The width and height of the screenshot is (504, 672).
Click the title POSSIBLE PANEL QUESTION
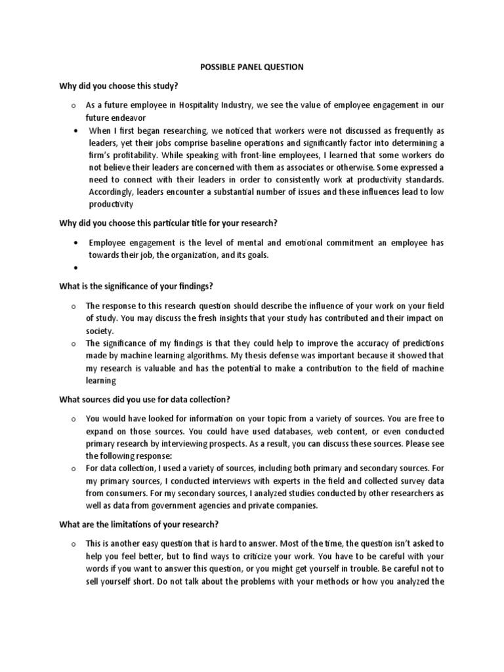pyautogui.click(x=252, y=68)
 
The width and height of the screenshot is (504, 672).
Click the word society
pyautogui.click(x=99, y=331)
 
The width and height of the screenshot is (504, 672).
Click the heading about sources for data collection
pyautogui.click(x=144, y=400)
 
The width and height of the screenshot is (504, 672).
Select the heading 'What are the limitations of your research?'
pyautogui.click(x=138, y=524)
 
